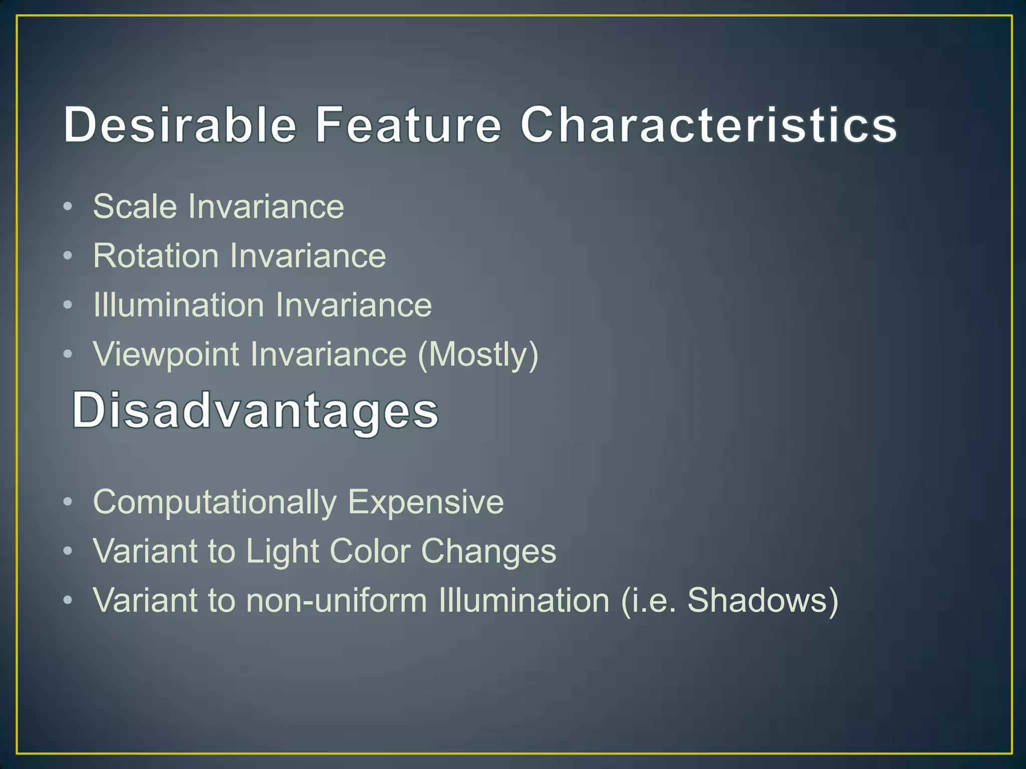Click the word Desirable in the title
180,125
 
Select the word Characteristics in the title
708,125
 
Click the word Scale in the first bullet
135,206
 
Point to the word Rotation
156,256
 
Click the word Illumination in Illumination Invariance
178,305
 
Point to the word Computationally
214,502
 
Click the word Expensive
426,502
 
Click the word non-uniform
336,600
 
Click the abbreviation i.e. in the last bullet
650,600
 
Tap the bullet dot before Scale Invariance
68,207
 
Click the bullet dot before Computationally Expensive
68,502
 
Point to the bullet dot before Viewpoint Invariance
68,354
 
